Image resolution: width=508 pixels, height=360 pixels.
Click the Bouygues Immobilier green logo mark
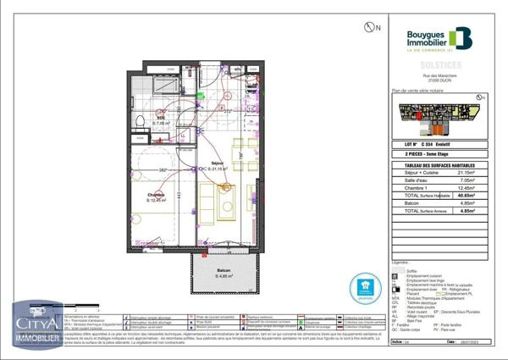[x=461, y=37]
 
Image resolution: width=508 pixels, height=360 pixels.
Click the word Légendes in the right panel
[x=403, y=263]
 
